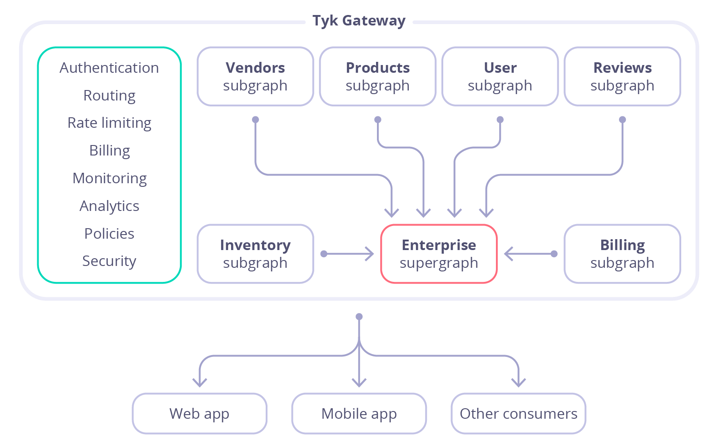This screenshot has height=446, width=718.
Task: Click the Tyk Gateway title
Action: (x=359, y=21)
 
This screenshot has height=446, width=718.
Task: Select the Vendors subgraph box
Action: (x=255, y=76)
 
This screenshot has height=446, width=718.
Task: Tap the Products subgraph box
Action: (x=377, y=76)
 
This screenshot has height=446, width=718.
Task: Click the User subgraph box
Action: (x=500, y=76)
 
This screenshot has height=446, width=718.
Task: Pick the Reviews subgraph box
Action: (x=622, y=76)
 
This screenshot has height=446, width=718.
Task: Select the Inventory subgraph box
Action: (x=255, y=254)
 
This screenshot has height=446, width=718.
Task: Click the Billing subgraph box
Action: (x=622, y=254)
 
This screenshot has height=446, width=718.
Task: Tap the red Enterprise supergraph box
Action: (x=439, y=254)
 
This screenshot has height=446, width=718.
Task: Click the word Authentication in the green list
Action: (x=109, y=68)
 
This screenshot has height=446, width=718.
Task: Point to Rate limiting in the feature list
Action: (x=109, y=123)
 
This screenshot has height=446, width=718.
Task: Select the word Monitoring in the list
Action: (x=109, y=178)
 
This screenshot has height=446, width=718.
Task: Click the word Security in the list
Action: (x=109, y=261)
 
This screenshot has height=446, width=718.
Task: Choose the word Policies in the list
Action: (x=109, y=234)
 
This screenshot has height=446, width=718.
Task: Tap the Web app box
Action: (x=199, y=414)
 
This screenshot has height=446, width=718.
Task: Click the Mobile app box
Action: (x=359, y=414)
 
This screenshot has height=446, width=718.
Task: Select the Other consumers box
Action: (x=518, y=414)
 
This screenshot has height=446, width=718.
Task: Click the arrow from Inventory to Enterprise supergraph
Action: (x=347, y=254)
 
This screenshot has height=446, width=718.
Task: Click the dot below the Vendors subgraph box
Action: (x=256, y=120)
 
